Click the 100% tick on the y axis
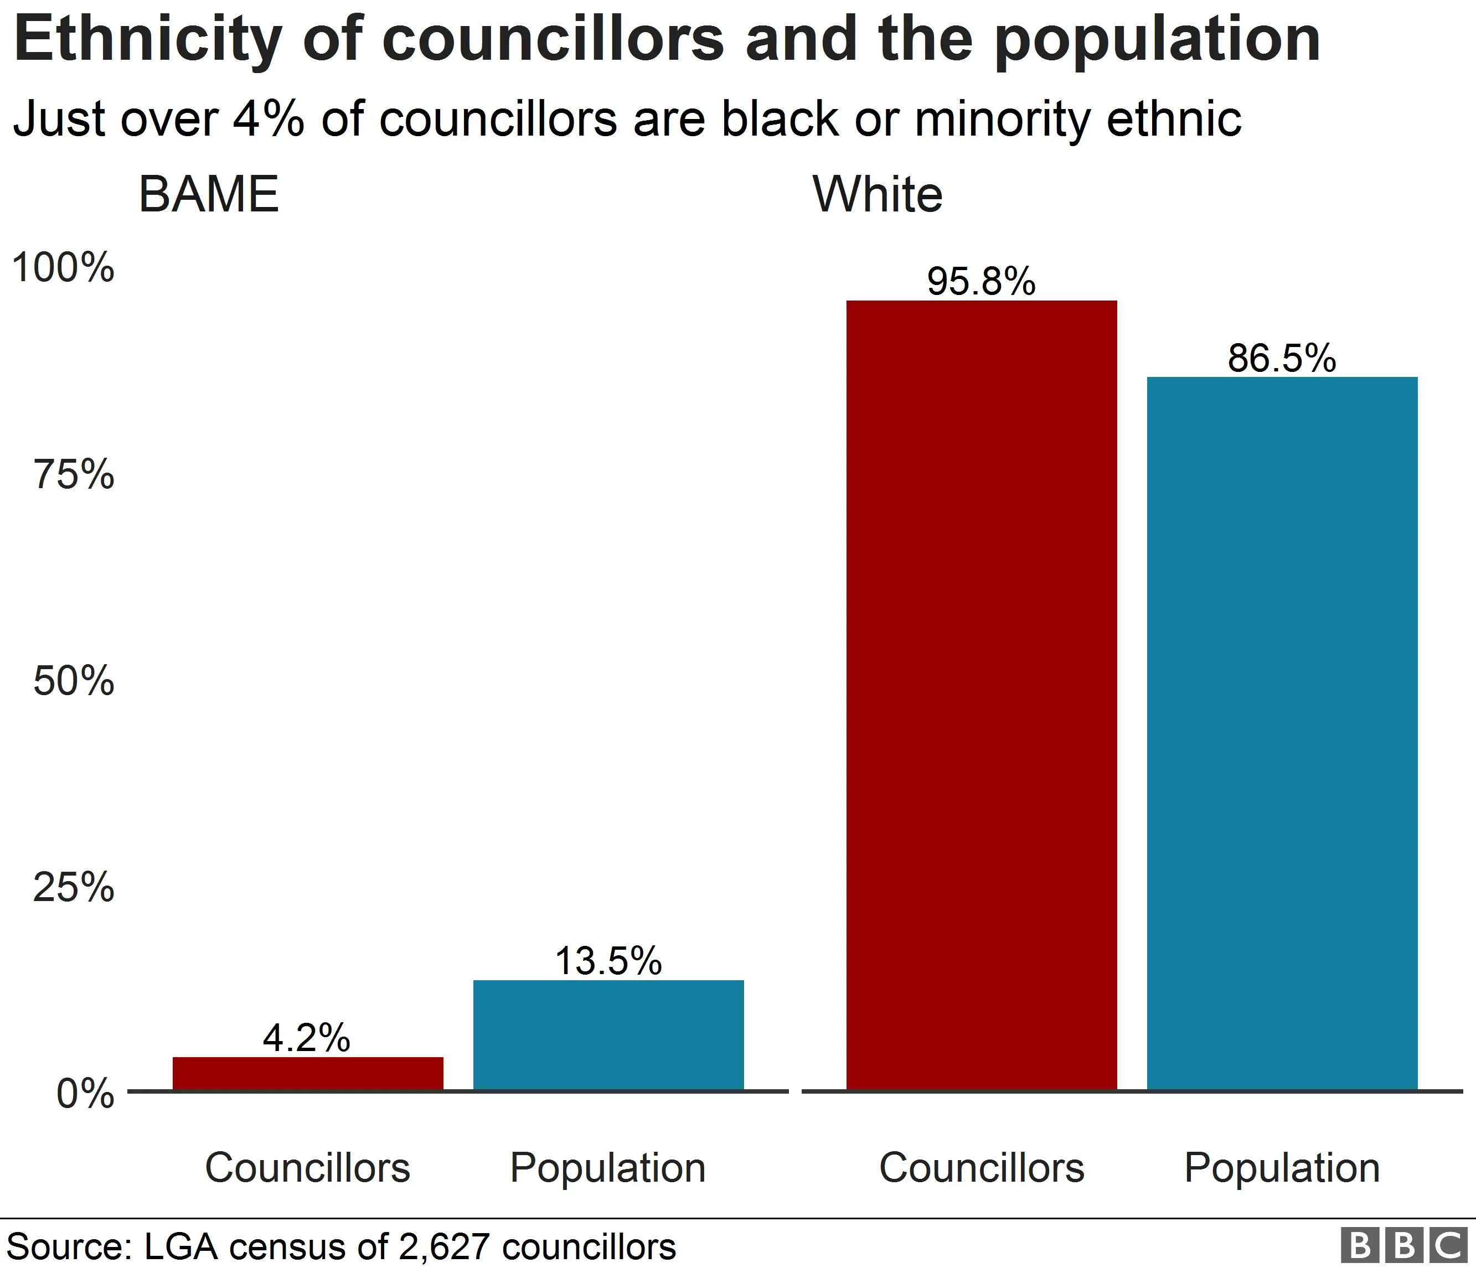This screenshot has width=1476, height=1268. click(x=63, y=268)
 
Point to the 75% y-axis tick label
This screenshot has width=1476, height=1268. click(x=74, y=475)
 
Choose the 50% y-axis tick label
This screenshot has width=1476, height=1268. click(x=74, y=681)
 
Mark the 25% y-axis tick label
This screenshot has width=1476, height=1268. click(x=74, y=887)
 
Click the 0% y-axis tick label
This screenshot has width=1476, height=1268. click(x=85, y=1094)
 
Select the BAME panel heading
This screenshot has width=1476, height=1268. click(x=208, y=194)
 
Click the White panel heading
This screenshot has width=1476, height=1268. click(x=878, y=194)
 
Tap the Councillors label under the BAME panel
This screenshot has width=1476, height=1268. click(x=308, y=1168)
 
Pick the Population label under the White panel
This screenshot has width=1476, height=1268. click(x=1282, y=1168)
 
